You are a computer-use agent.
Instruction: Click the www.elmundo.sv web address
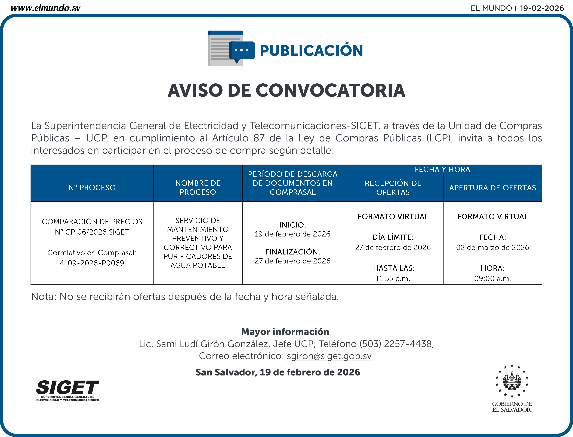pos(45,8)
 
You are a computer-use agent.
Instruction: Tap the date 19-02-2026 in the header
pos(542,8)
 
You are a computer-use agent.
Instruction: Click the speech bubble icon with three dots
pos(242,51)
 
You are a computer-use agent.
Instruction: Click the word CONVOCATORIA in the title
pos(330,90)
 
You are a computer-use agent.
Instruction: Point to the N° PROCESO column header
pos(92,187)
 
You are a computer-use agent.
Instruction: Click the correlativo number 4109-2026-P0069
pos(92,263)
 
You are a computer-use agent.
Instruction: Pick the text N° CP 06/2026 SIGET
pos(92,232)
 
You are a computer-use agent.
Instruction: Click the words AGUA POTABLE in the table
pos(198,265)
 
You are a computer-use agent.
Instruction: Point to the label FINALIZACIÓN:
pos(293,252)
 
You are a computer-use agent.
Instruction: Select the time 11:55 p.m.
pos(393,279)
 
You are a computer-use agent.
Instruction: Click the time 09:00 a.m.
pos(492,279)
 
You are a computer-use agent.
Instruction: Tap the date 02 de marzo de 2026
pos(492,247)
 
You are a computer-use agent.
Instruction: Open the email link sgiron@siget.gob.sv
pos(329,356)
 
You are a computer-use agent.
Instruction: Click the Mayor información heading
pos(285,332)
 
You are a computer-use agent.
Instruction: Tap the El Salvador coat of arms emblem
pos(512,381)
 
